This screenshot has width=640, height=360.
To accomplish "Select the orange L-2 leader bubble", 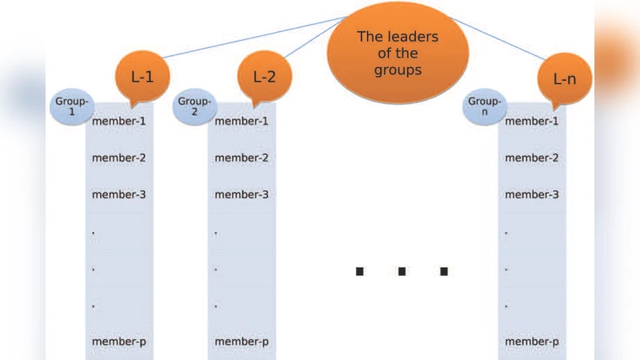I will point(265,78).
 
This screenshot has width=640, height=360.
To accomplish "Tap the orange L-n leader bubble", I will point(564,78).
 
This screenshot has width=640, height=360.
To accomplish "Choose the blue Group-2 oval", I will point(194,106).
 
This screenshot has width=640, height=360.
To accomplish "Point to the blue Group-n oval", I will point(485,107).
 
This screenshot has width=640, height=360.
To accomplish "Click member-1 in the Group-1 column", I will point(119,122).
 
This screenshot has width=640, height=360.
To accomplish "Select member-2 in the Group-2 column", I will point(241,158).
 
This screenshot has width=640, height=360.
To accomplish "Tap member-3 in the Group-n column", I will point(531,195).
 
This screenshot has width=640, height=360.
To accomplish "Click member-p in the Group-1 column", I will point(119,342).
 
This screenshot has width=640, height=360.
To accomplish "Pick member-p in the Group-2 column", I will point(241,342).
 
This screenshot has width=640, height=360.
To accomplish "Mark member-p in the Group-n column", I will point(531,342).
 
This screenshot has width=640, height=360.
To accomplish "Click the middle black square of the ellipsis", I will point(402,272).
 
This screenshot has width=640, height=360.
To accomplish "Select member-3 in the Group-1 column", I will point(119,195).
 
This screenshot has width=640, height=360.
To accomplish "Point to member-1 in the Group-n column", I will point(531,122).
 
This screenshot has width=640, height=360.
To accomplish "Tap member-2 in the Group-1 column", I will point(119,158).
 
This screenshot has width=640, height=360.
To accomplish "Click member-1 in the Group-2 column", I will point(241,122).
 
